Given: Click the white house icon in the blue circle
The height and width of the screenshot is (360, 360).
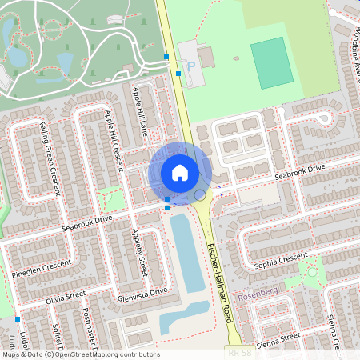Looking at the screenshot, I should click(180, 172).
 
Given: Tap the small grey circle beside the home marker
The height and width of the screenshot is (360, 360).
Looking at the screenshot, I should click(200, 195).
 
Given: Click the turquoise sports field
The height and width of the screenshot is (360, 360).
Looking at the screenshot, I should click(272, 63).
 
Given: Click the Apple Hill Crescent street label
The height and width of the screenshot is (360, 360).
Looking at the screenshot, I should click(112, 134).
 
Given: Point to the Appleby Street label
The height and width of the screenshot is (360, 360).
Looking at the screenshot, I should click(139, 255).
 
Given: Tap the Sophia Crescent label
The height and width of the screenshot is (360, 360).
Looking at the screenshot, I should click(281, 258).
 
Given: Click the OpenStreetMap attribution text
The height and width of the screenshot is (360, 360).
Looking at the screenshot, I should click(80, 354).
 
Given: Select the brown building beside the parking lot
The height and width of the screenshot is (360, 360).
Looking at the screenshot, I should click(206, 57).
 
